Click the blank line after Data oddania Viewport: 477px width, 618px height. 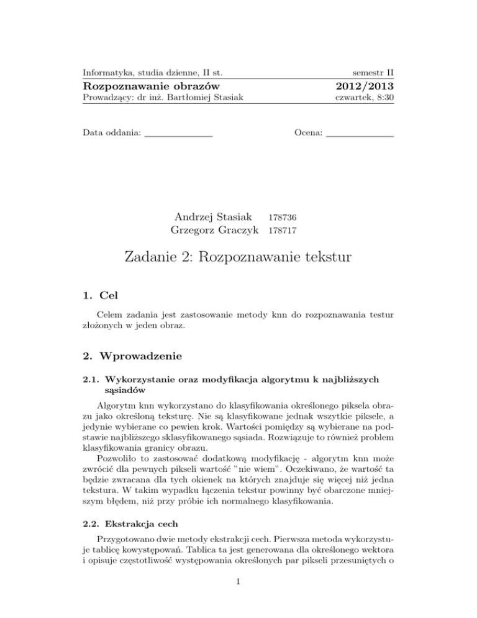[x=178, y=134]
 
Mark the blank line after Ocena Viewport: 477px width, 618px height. [x=360, y=134]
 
